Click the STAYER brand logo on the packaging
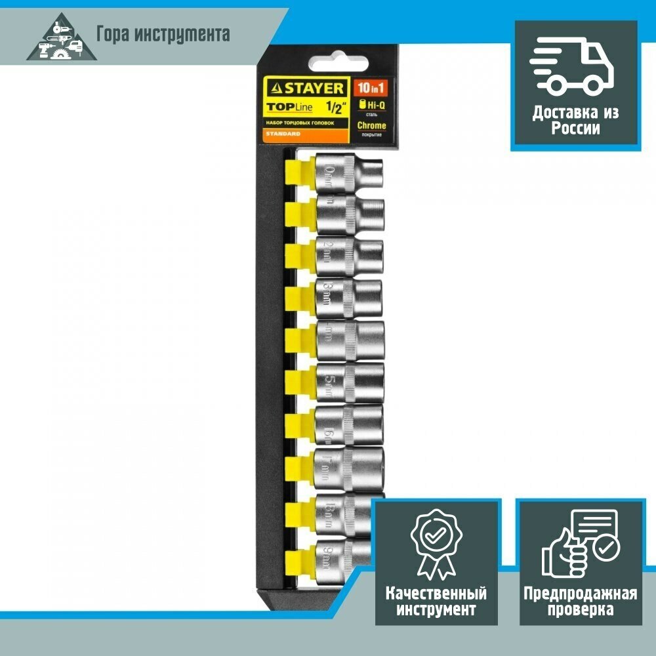tap(304, 87)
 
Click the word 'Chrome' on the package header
tap(371, 125)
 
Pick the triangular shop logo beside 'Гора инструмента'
tap(58, 39)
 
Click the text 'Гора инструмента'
tap(163, 33)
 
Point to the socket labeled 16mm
tap(349, 426)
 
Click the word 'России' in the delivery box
tap(575, 129)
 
